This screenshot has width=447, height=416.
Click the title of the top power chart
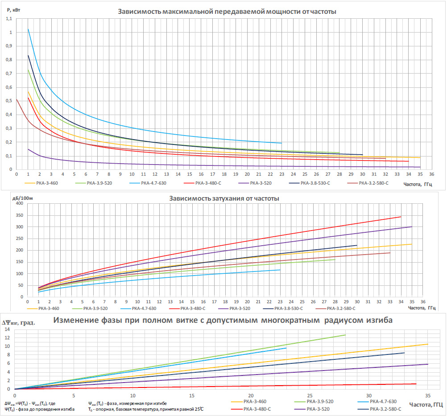coord(227,11)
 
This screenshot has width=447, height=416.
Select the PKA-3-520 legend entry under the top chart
coord(261,183)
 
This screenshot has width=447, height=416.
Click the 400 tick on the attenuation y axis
coord(19,204)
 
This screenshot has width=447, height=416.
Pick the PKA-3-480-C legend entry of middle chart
coord(194,309)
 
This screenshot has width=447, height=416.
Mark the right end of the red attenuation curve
coord(401,217)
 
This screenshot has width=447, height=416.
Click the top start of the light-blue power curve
coord(28,29)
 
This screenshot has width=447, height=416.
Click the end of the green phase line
coord(345,335)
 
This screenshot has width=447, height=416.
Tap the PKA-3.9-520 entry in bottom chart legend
coord(320,402)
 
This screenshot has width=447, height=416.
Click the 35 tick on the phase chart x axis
coord(428,396)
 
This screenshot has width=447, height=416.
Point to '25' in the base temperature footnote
coord(194,409)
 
